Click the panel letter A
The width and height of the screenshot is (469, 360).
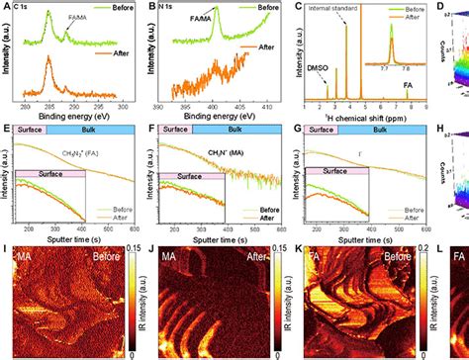pyautogui.click(x=5, y=7)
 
